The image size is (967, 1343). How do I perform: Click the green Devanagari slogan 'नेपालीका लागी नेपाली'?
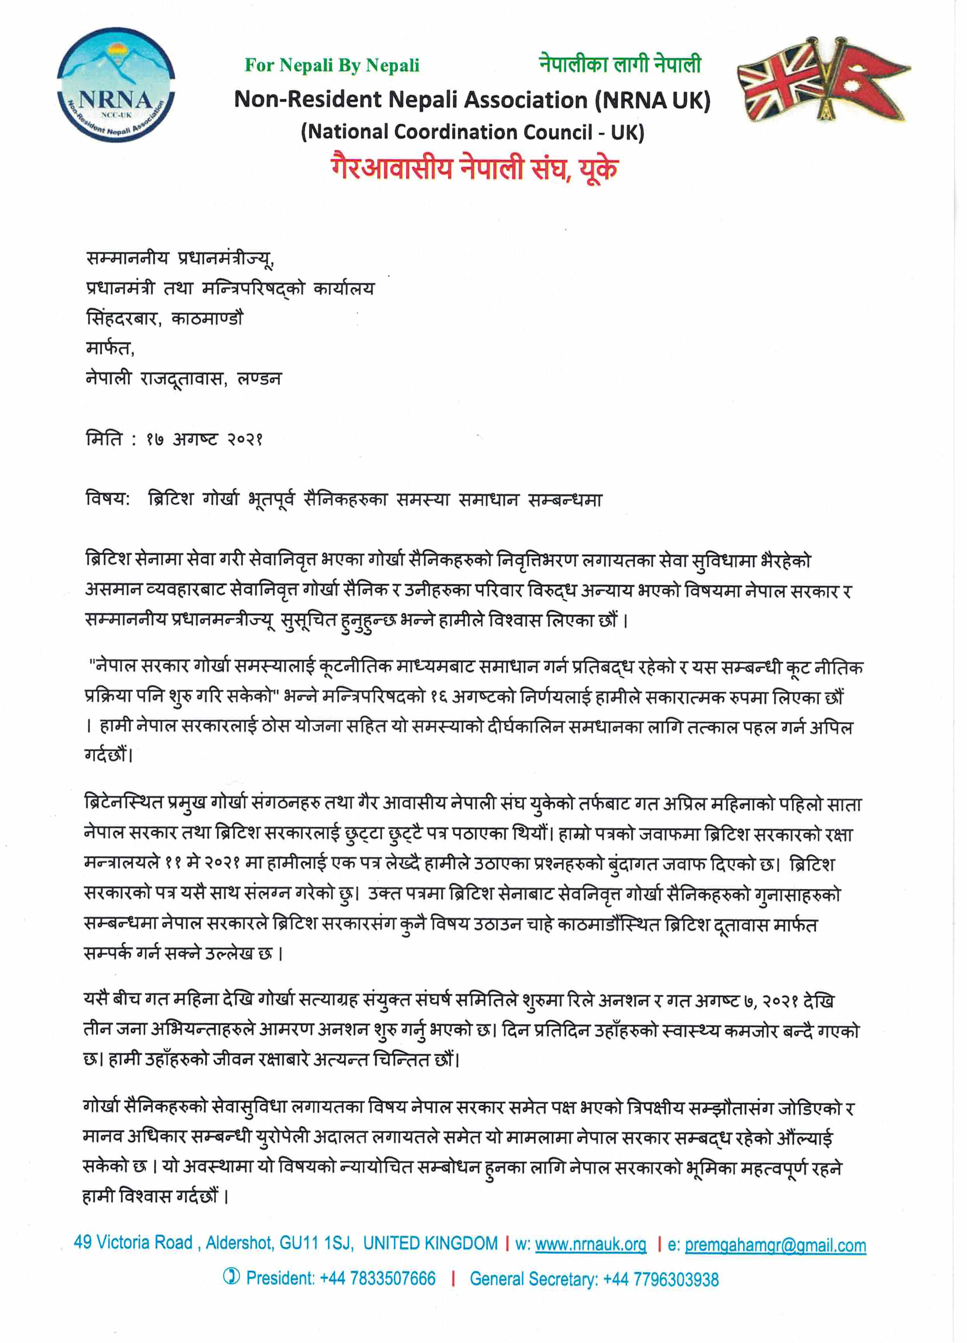point(620,64)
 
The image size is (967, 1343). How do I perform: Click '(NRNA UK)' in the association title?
point(653,99)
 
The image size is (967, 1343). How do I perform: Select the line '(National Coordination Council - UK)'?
point(472,131)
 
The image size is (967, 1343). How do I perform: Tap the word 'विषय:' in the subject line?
point(108,499)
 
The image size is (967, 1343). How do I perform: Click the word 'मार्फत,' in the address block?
point(110,348)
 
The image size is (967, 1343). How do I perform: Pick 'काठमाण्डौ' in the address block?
point(207,318)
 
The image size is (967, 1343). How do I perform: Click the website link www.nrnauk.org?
point(590,1244)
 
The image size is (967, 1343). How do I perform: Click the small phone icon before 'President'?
point(231,1277)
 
